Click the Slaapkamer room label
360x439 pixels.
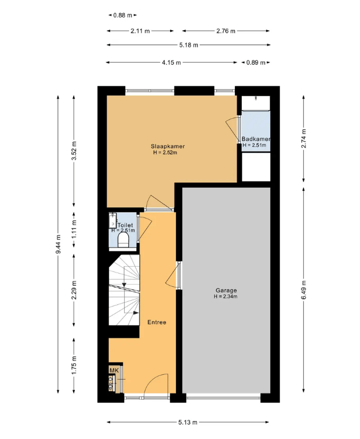[x=168, y=146]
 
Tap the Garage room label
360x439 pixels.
[x=226, y=291]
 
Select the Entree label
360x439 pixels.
[x=157, y=322]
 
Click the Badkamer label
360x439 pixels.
[x=256, y=139]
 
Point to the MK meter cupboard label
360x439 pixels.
[x=114, y=371]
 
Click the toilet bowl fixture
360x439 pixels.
[x=123, y=240]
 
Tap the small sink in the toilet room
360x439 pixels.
[x=112, y=221]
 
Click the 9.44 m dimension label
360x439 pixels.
[x=58, y=244]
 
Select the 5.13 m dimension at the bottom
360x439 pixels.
[x=188, y=422]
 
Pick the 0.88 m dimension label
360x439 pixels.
[x=122, y=15]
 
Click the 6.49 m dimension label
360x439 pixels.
[x=304, y=290]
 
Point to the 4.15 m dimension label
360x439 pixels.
[x=171, y=63]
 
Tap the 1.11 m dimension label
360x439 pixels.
[x=74, y=230]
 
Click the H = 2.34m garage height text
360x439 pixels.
[x=226, y=296]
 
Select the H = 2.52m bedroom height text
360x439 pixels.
[x=165, y=153]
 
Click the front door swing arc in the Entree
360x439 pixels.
[x=156, y=385]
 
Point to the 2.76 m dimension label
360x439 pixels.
[x=226, y=31]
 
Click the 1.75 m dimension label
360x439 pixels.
[x=74, y=365]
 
